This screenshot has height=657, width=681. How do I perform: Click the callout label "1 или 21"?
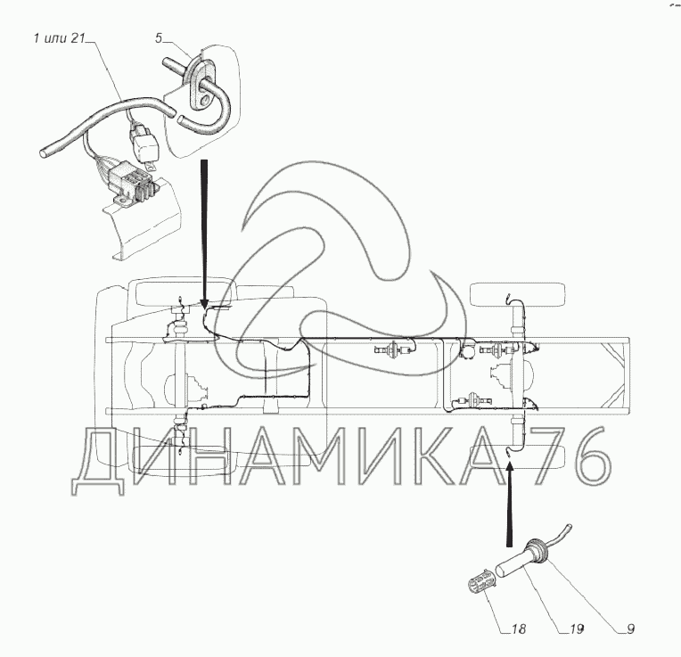click(59, 38)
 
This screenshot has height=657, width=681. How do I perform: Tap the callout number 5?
click(159, 38)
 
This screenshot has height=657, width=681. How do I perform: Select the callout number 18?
click(519, 628)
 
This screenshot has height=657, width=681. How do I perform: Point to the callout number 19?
click(577, 628)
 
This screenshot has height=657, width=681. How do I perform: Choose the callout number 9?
click(630, 628)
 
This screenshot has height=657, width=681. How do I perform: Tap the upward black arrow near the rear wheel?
click(510, 504)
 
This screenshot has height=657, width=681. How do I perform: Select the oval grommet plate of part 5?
click(201, 84)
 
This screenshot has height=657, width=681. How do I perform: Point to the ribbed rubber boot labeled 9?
click(537, 551)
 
